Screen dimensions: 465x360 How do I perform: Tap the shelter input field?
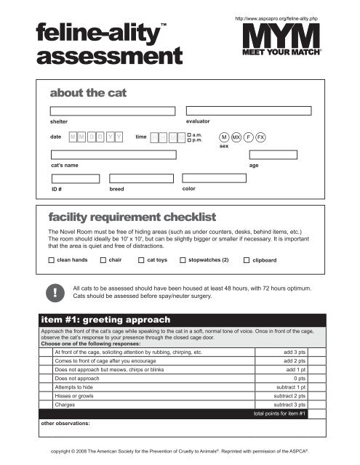tap(113, 111)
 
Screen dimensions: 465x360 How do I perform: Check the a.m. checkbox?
tap(188, 134)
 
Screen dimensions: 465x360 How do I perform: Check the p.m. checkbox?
tap(188, 140)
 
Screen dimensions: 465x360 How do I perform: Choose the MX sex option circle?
tap(236, 137)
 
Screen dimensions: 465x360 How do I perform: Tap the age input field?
tap(273, 155)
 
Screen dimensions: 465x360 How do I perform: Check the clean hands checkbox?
tap(52, 259)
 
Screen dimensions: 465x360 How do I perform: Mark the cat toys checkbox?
tap(141, 259)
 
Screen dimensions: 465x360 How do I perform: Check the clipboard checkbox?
tap(246, 259)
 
